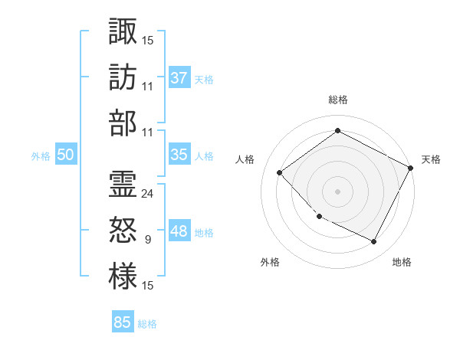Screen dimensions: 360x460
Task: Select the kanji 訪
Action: (x=123, y=77)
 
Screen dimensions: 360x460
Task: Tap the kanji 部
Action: (x=123, y=123)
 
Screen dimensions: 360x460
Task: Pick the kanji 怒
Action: (x=123, y=231)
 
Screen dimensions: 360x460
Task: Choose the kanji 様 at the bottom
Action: (x=123, y=277)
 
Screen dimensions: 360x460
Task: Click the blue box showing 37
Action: (x=179, y=77)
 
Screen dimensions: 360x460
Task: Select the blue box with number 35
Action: (x=179, y=155)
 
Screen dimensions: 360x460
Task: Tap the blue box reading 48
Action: (x=179, y=231)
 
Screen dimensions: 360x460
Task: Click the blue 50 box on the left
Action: (x=65, y=155)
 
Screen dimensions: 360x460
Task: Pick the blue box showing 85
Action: (x=123, y=322)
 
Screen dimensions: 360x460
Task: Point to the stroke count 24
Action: (x=148, y=193)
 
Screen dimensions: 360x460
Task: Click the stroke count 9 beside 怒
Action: (x=148, y=240)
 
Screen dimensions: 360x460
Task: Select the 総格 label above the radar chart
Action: (x=337, y=100)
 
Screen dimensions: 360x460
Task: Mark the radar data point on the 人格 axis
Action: (x=280, y=173)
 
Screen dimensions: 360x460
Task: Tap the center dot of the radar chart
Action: (x=337, y=191)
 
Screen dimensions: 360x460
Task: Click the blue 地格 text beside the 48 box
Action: (x=204, y=233)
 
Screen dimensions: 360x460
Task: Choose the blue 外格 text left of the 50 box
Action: (x=41, y=156)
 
